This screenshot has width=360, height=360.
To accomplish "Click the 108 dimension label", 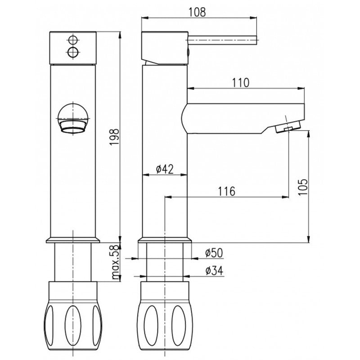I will (197, 12).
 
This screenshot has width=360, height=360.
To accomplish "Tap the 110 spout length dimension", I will (241, 82).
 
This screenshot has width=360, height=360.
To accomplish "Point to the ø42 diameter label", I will (165, 169).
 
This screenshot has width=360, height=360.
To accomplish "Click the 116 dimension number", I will (226, 191).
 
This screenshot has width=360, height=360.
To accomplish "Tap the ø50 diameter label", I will (214, 253).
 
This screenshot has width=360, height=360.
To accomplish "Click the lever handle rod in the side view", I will (223, 40).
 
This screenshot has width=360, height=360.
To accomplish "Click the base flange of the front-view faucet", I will (73, 240).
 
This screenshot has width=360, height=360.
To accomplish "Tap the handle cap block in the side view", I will (164, 47).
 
